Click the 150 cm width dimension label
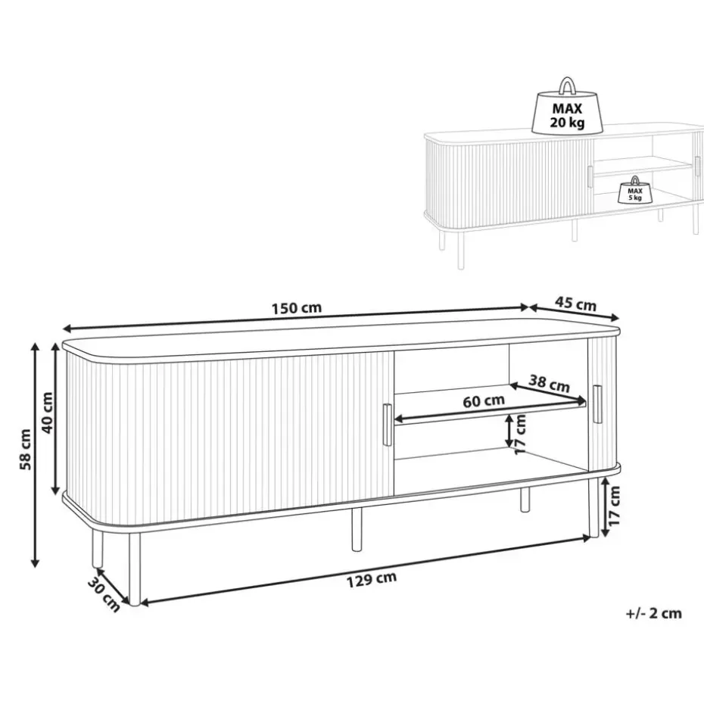(x=297, y=308)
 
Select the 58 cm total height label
(x=24, y=448)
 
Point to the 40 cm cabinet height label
(x=47, y=413)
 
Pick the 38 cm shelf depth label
(x=550, y=384)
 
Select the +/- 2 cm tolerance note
(x=654, y=613)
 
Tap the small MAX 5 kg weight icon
(x=634, y=192)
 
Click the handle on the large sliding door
(x=388, y=425)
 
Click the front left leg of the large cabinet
(x=134, y=568)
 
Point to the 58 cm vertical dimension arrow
(x=34, y=454)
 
